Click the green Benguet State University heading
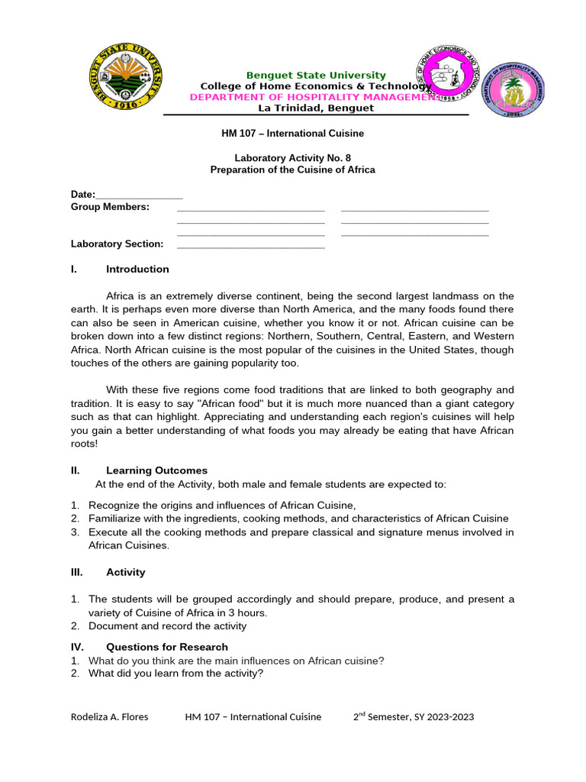(x=315, y=75)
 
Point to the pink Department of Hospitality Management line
(x=314, y=97)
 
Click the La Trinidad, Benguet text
(x=315, y=108)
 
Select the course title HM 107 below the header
(x=292, y=133)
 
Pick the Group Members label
(x=110, y=207)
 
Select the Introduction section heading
(x=137, y=269)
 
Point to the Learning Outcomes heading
(x=156, y=470)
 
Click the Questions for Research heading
(x=166, y=647)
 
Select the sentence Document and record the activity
(x=167, y=626)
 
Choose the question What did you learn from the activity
(x=175, y=673)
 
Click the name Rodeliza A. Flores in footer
(x=109, y=716)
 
